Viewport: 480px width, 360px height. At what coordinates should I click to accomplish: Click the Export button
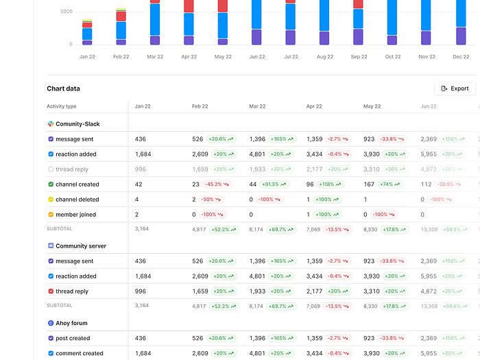click(455, 88)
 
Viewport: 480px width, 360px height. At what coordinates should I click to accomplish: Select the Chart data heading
click(63, 88)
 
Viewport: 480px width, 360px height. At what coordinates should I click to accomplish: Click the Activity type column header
click(62, 106)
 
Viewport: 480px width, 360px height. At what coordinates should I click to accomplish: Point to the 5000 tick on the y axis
click(67, 12)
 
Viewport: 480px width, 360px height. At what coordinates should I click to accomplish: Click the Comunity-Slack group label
click(77, 124)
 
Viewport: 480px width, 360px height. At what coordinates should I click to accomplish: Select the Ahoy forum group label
click(71, 323)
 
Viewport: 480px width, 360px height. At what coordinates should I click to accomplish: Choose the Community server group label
click(81, 246)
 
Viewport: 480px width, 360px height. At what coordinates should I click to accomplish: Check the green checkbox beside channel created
click(51, 184)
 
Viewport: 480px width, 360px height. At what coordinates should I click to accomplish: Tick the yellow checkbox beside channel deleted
click(51, 200)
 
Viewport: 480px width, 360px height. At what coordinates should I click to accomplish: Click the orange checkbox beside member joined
click(51, 215)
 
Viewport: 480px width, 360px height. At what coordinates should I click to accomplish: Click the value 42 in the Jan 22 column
click(139, 184)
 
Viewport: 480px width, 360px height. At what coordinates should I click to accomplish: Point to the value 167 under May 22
click(369, 184)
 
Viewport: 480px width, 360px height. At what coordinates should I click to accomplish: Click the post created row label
click(73, 338)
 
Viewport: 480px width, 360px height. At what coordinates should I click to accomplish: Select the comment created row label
click(80, 354)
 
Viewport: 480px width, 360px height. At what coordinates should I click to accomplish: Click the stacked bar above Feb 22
click(121, 27)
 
